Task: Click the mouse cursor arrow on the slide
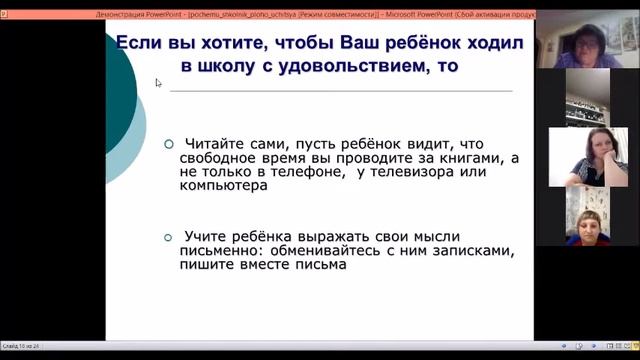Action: click(x=158, y=83)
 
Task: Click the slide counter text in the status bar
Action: click(x=21, y=345)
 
